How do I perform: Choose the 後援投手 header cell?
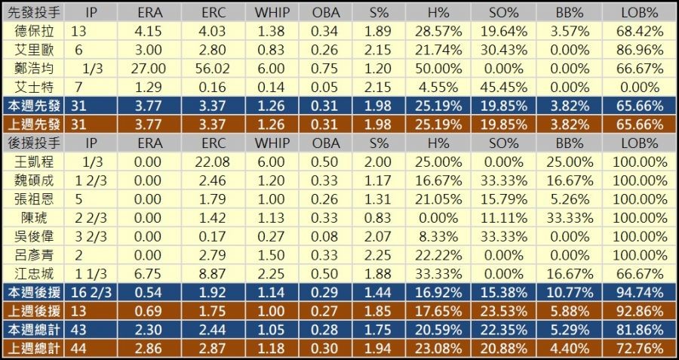click(33, 142)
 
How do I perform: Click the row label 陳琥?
click(33, 217)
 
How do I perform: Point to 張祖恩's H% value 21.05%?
click(435, 198)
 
